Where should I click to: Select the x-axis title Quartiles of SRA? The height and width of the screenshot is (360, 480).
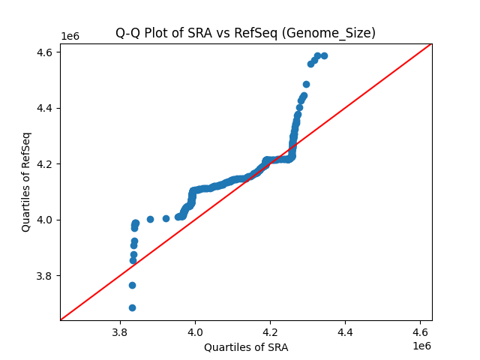246,347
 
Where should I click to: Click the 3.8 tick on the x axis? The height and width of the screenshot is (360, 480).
120,331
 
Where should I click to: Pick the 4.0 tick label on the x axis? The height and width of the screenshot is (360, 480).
195,331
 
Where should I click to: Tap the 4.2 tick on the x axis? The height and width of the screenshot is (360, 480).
270,331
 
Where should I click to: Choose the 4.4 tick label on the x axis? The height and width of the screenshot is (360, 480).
345,331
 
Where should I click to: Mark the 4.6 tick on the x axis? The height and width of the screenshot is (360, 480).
420,331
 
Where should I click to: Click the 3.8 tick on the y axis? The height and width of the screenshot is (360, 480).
45,275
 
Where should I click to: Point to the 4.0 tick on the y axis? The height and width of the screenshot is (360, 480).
45,220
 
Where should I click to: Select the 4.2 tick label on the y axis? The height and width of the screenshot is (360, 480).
45,163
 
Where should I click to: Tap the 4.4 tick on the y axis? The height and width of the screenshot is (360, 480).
45,108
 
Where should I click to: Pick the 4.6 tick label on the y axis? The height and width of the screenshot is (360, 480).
45,52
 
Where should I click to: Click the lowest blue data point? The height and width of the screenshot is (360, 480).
132,307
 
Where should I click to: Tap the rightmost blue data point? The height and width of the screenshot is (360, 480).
324,55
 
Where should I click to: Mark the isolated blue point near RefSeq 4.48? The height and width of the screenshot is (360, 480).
306,84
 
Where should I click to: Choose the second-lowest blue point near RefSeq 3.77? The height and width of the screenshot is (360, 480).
132,285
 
